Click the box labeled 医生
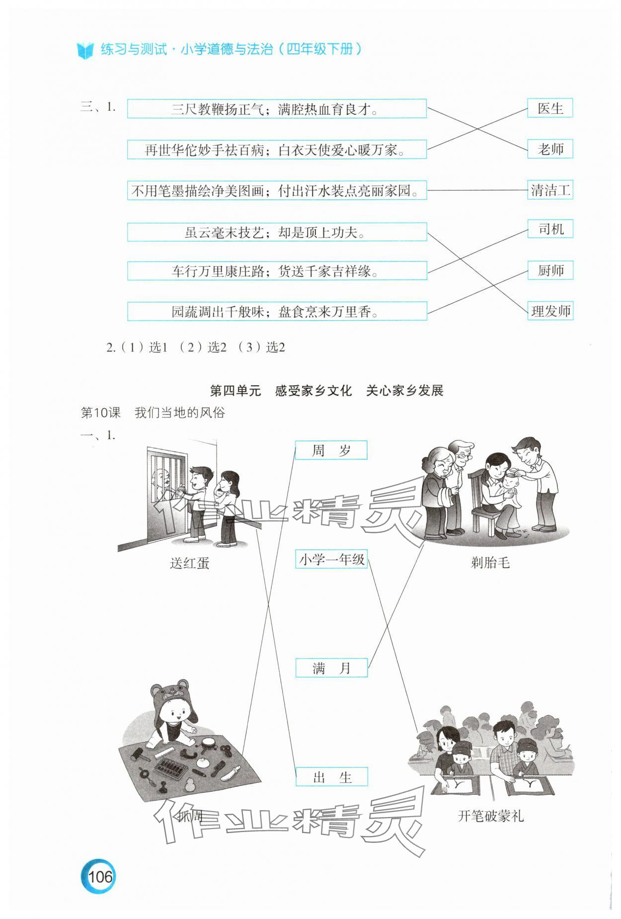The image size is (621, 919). tap(550, 108)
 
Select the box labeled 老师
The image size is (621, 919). tap(550, 149)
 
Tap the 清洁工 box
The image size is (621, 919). tap(550, 190)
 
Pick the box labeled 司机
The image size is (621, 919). tap(550, 229)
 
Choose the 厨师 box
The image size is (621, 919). tap(550, 270)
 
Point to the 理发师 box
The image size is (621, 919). tap(550, 311)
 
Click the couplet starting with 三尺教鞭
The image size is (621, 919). tap(277, 109)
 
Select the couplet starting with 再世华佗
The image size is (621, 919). tap(277, 150)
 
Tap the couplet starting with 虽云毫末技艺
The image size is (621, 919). tap(277, 232)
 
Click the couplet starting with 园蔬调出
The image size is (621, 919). tap(277, 312)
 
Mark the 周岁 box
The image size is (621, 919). tap(331, 450)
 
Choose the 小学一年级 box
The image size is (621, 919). tap(331, 559)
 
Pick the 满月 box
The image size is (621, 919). tap(331, 668)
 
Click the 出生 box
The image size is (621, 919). tap(331, 777)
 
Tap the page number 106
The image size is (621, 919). tap(100, 876)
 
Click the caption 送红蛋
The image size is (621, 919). tap(189, 563)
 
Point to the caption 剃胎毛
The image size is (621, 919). tap(490, 563)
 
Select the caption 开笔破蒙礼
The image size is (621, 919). tap(490, 816)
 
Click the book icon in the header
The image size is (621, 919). tap(85, 50)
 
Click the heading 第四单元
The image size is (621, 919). tap(235, 391)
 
